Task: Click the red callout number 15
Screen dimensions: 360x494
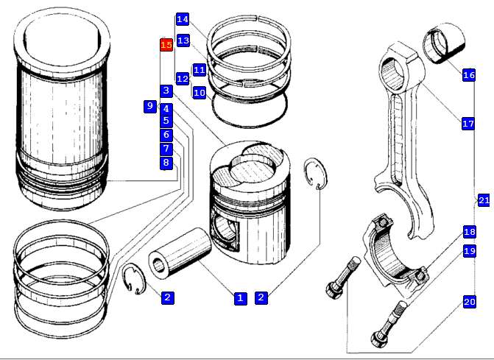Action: (166, 46)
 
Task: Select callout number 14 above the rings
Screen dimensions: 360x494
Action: (183, 19)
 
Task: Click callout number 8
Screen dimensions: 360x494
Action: (166, 163)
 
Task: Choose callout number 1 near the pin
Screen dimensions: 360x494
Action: (240, 298)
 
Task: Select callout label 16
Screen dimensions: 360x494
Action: (468, 75)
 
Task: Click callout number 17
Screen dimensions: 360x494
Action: (468, 124)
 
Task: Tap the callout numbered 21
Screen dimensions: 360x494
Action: (484, 200)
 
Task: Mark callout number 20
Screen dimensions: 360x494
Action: (469, 301)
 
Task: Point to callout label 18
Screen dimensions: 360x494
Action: (469, 232)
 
